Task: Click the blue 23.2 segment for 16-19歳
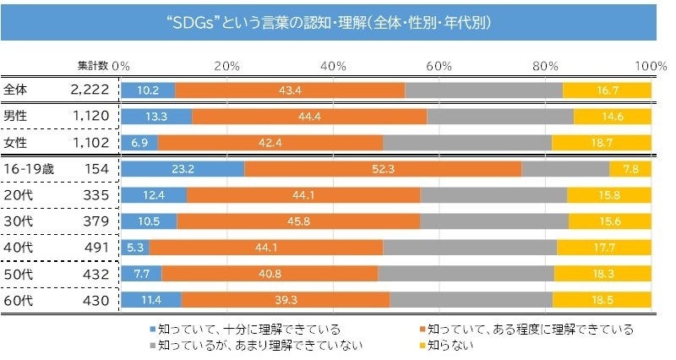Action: click(183, 168)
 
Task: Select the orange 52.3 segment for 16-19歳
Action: click(383, 168)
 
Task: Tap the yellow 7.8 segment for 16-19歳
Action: click(630, 168)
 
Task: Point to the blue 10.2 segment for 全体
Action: click(148, 90)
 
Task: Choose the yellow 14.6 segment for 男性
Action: click(612, 116)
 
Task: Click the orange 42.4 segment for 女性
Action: click(270, 142)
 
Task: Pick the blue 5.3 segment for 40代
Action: click(135, 248)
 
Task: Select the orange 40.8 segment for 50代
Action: click(270, 274)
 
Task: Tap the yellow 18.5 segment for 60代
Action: click(602, 300)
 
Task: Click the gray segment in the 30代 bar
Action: click(494, 221)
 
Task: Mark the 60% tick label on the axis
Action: click(438, 65)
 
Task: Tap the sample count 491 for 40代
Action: click(97, 248)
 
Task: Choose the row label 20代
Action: click(16, 195)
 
